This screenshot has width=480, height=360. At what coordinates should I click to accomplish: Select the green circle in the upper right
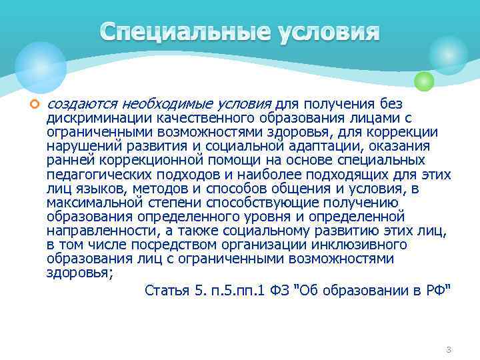click(x=424, y=81)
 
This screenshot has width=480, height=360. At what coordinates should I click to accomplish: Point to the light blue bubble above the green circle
click(x=448, y=55)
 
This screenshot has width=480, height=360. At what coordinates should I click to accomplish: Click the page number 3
click(x=449, y=350)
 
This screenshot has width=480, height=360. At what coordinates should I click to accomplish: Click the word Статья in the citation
click(x=166, y=290)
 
